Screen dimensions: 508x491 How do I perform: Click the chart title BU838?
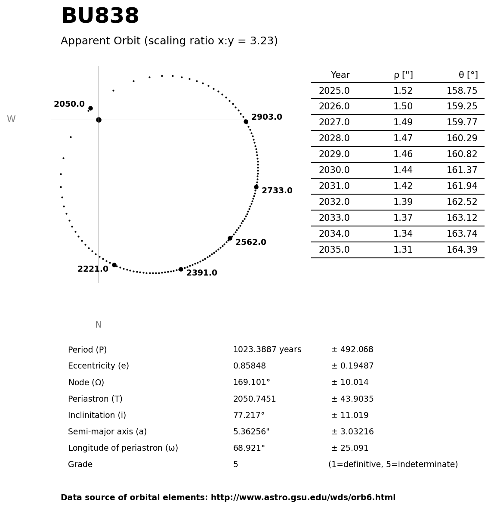click(x=100, y=17)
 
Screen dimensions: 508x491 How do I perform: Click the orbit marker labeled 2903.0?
click(x=246, y=122)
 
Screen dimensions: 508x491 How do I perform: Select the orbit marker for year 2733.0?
click(x=256, y=187)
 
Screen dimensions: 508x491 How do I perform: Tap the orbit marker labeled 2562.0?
click(x=230, y=238)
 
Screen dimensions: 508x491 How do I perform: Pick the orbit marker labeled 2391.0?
click(x=181, y=269)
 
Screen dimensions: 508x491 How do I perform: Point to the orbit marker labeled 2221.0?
click(x=114, y=265)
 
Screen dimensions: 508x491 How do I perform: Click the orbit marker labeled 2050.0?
click(x=90, y=108)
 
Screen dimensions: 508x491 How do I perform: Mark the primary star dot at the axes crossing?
click(x=99, y=120)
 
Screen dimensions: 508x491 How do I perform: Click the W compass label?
click(x=11, y=120)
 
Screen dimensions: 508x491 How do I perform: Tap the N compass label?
click(x=98, y=325)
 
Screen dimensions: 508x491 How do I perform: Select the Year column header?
click(x=340, y=75)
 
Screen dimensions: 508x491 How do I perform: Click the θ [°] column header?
click(x=468, y=75)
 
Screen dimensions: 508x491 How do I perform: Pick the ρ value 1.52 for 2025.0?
click(x=403, y=91)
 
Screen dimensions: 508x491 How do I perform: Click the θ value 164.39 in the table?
click(x=462, y=250)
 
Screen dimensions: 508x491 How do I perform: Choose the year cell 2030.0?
click(x=334, y=170)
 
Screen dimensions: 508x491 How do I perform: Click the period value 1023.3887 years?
click(x=267, y=350)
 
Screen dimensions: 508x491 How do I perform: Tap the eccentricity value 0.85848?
click(x=250, y=366)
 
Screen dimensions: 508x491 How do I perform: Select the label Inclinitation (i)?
click(x=97, y=415)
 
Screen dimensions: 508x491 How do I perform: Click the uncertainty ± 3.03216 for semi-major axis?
click(x=352, y=432)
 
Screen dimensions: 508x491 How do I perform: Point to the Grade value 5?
click(x=235, y=465)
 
